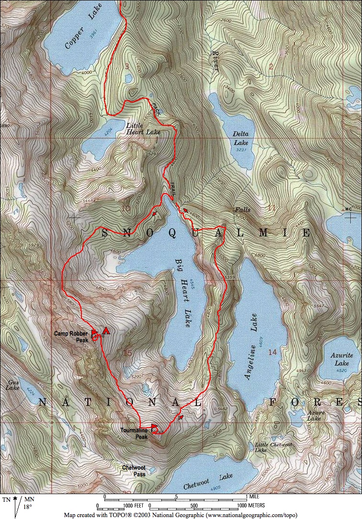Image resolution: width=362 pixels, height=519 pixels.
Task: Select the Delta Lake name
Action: tap(241, 138)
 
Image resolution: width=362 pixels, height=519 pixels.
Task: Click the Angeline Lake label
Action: tap(251, 347)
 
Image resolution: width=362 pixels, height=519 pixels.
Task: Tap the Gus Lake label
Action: tap(13, 385)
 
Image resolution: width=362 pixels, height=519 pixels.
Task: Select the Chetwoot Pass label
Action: tap(134, 471)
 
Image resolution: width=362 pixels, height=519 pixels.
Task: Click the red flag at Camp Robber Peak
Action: tap(94, 334)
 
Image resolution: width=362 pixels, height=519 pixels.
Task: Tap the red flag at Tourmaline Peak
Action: tap(154, 427)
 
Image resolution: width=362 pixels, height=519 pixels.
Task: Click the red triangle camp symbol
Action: tap(106, 331)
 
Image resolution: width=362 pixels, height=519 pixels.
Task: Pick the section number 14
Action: tap(272, 352)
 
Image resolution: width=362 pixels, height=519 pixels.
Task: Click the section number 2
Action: tap(271, 66)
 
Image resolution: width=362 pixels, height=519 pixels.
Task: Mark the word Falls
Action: tap(243, 210)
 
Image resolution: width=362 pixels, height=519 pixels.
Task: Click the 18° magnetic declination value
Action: tap(28, 507)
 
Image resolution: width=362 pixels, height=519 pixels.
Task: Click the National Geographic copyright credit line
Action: tap(184, 515)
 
